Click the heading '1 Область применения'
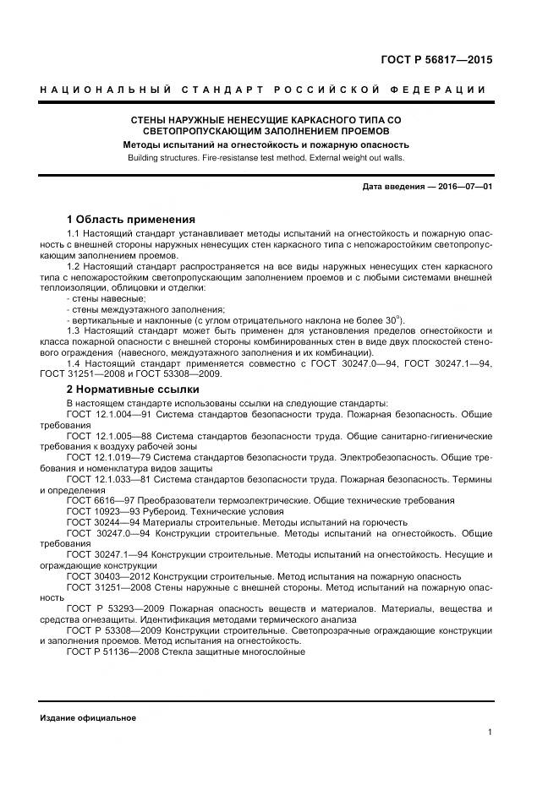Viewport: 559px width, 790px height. [x=131, y=218]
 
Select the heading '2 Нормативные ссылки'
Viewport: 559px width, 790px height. [x=133, y=390]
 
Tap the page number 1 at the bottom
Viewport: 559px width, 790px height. [x=490, y=732]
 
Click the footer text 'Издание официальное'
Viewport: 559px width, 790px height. [x=88, y=717]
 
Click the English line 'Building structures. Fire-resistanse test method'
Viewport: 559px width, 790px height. [x=266, y=157]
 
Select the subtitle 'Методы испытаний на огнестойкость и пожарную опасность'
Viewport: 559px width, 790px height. [x=266, y=144]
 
